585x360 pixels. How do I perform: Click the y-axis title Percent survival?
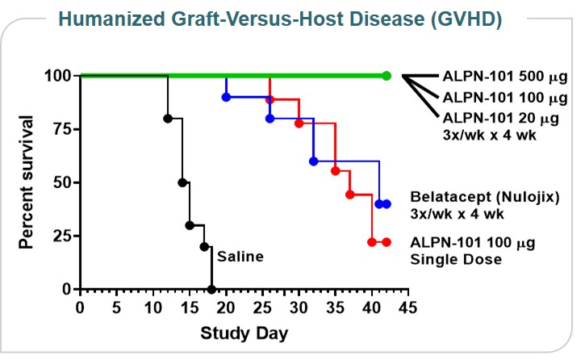click(26, 182)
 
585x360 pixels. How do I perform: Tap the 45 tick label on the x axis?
click(408, 308)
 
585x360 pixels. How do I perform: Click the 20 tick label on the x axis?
click(226, 308)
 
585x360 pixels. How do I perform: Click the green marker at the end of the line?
click(387, 76)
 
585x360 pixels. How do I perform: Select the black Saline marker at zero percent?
click(211, 289)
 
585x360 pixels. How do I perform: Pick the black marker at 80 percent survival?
click(168, 118)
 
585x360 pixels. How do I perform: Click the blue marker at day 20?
click(226, 97)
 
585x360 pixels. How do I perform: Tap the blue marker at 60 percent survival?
click(314, 161)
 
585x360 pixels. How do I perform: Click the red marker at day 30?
click(299, 123)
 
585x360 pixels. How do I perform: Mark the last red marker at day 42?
click(387, 241)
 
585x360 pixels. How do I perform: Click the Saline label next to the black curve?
click(240, 257)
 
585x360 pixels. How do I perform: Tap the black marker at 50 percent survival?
click(182, 182)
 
